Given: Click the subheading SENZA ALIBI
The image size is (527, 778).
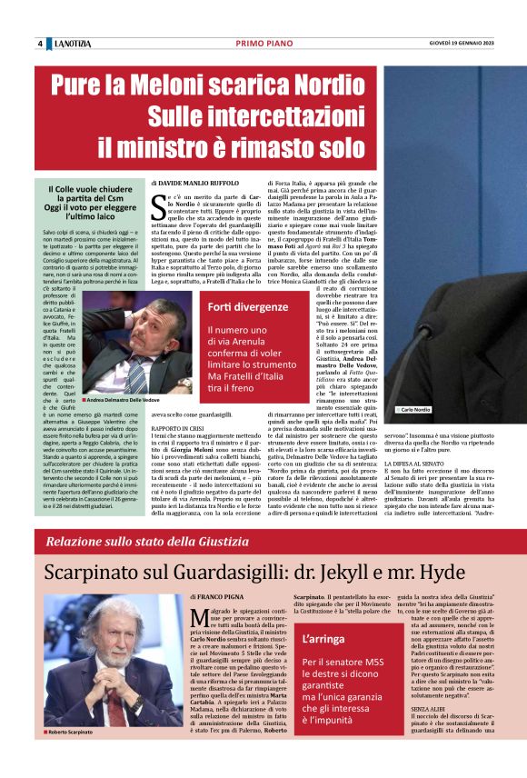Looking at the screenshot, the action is (x=401, y=732).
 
